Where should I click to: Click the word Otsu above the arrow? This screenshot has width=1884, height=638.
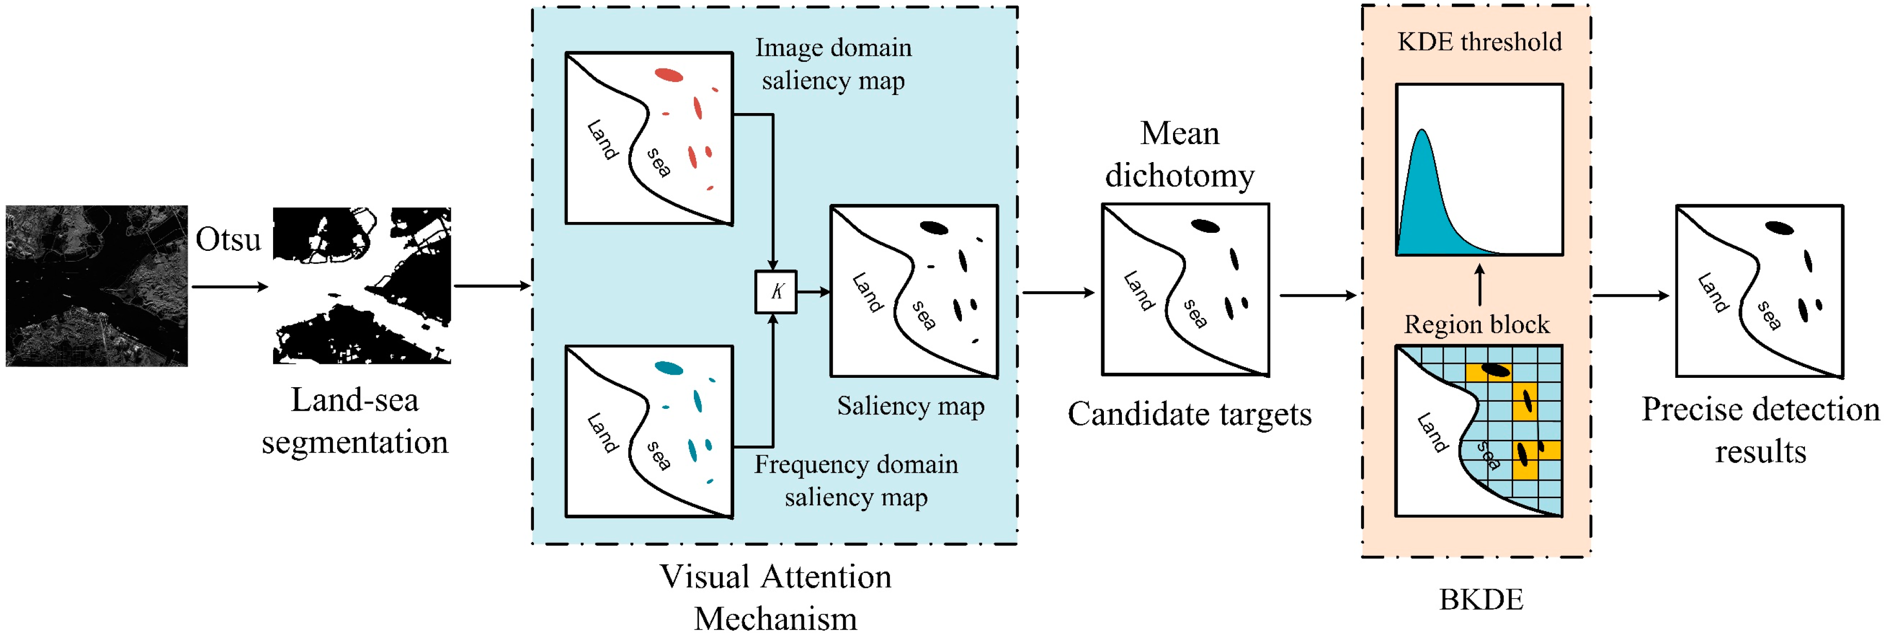[x=228, y=240]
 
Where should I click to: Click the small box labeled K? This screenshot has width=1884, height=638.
[x=775, y=292]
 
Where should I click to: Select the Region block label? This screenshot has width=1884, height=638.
[x=1476, y=324]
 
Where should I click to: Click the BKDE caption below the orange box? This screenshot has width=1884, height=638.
[x=1481, y=599]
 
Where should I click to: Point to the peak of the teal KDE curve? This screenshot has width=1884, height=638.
[x=1422, y=132]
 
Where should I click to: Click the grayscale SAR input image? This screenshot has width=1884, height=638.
[x=97, y=286]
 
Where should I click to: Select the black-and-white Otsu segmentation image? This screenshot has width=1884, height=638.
[x=361, y=286]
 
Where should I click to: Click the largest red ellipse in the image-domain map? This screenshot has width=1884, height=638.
[x=669, y=74]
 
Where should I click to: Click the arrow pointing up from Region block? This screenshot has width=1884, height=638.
[x=1480, y=285]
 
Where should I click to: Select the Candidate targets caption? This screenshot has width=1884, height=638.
[x=1189, y=414]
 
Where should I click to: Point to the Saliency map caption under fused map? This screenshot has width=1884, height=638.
[x=911, y=406]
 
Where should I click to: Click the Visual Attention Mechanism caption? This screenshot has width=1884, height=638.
[x=775, y=597]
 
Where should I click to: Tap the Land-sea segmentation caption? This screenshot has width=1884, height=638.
[x=355, y=421]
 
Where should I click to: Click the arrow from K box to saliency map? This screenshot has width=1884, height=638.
[x=813, y=292]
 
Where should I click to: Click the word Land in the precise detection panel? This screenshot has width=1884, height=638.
[x=1712, y=292]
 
